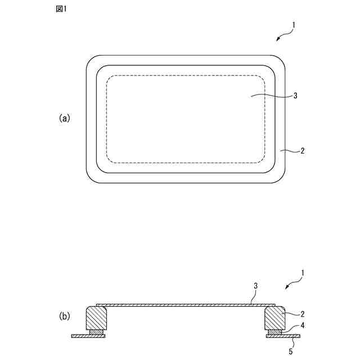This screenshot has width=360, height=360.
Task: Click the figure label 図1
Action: (61, 9)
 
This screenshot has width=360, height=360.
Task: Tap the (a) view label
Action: (65, 118)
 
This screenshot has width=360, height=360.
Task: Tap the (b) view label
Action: (65, 316)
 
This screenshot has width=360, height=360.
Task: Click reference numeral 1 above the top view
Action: (293, 25)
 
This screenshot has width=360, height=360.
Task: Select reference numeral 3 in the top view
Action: (295, 95)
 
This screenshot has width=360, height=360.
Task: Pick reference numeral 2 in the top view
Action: (303, 151)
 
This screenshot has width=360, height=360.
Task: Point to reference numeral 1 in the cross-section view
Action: (303, 273)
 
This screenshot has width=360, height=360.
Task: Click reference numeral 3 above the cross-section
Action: (255, 286)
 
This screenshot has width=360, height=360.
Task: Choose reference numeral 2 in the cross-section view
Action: (303, 314)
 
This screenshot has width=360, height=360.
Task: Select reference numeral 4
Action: (303, 325)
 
